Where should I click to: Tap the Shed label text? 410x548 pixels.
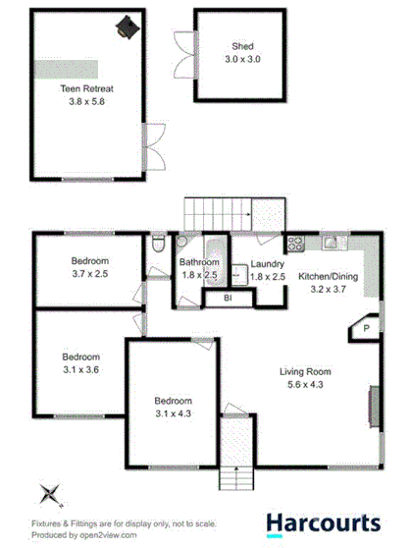242,46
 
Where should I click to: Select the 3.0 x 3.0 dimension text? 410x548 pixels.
242,59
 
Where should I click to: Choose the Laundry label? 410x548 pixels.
267,264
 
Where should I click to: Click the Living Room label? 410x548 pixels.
305,372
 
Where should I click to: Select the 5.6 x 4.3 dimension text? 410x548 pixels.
305,386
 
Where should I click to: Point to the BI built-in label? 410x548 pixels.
227,298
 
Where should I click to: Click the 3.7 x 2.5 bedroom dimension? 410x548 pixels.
89,274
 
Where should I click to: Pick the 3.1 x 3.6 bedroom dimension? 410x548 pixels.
81,369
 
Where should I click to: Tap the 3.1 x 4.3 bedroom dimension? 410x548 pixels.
172,414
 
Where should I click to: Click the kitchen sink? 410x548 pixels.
331,242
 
